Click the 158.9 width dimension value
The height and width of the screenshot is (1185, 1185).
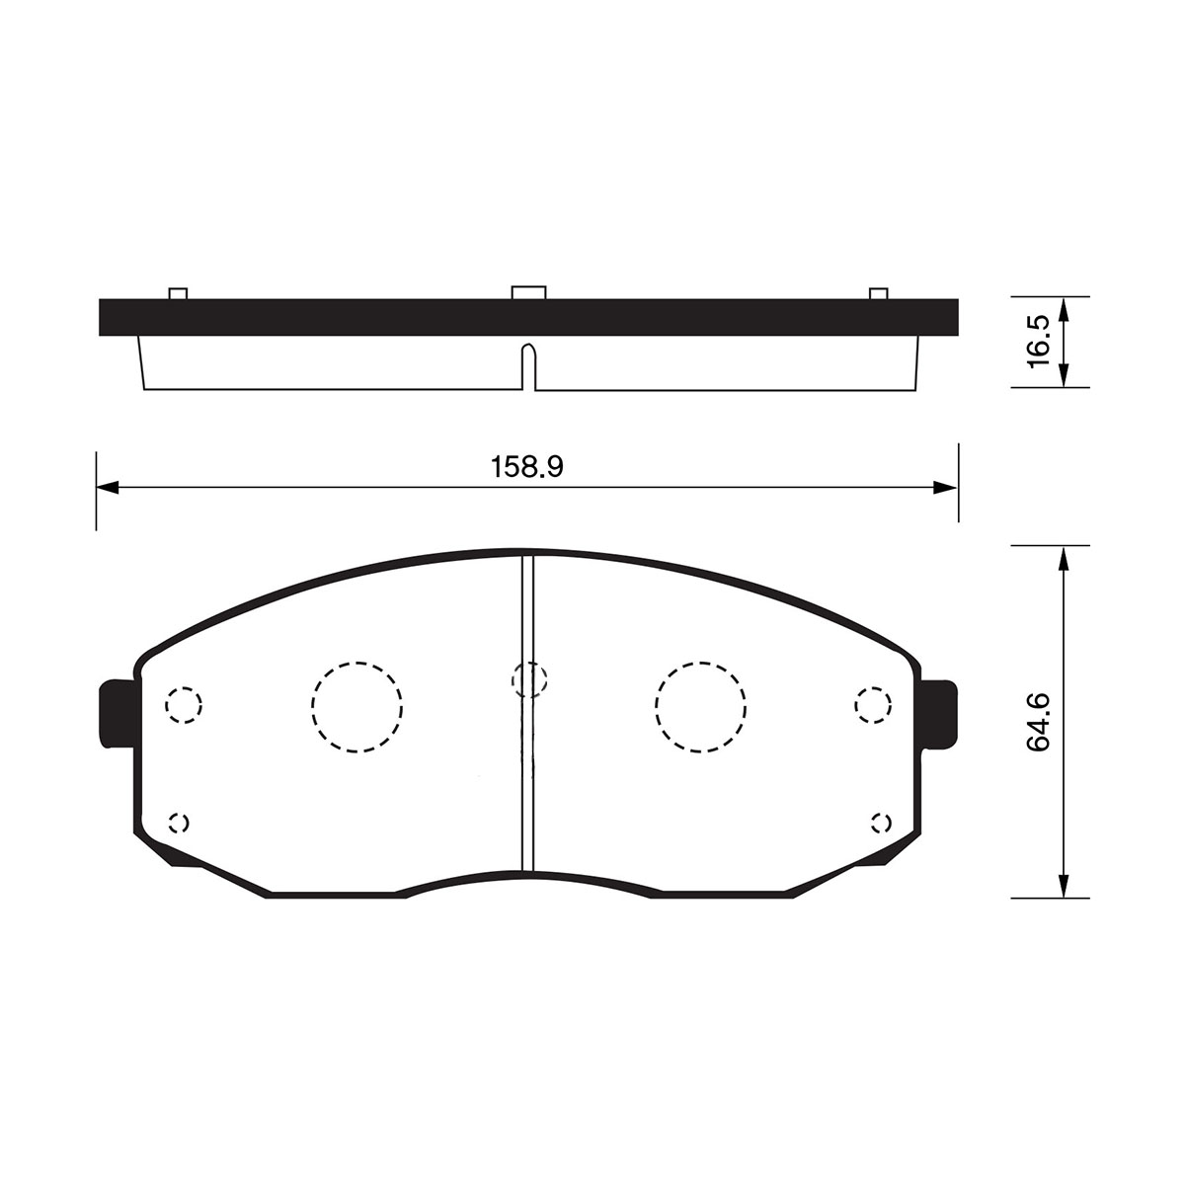coord(527,467)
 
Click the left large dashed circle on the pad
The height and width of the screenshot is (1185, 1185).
coord(356,707)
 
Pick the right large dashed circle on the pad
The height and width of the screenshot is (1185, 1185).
coord(700,707)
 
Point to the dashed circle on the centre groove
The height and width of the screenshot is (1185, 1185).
coord(529,680)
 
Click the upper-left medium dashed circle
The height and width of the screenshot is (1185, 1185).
coord(184,705)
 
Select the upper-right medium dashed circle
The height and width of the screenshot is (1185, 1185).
coord(873,705)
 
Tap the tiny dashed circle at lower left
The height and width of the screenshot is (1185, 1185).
coord(179,823)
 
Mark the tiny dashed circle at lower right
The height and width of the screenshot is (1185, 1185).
coord(881,823)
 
